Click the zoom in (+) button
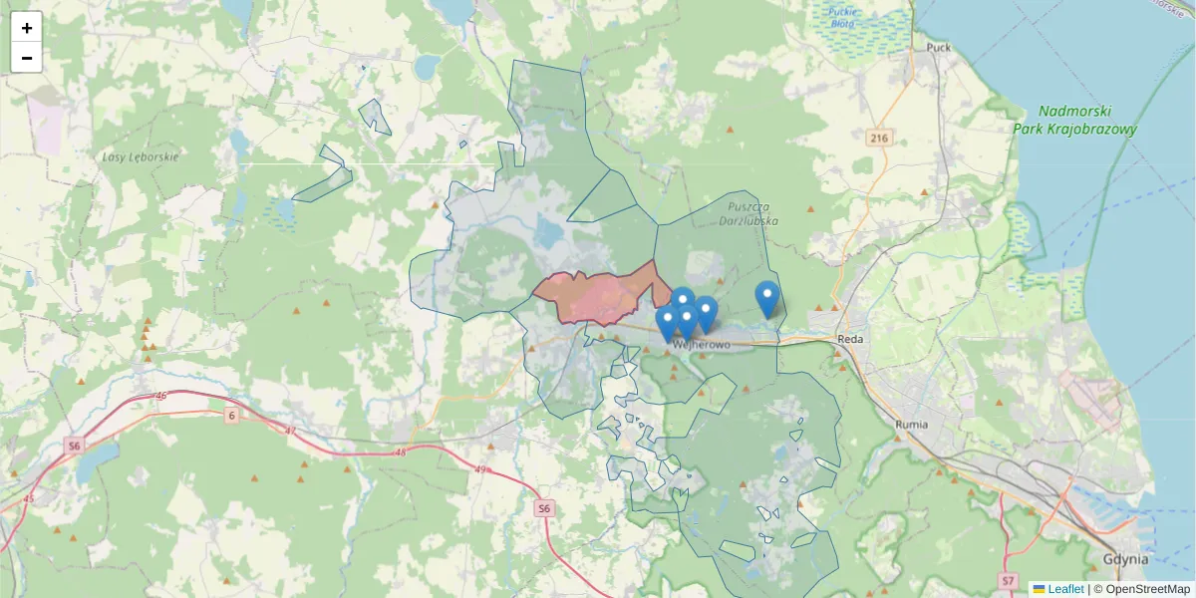pyautogui.click(x=27, y=28)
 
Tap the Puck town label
pyautogui.click(x=938, y=47)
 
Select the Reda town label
pyautogui.click(x=849, y=339)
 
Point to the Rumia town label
pyautogui.click(x=911, y=424)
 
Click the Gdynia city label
pyautogui.click(x=1126, y=559)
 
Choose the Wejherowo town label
pyautogui.click(x=702, y=345)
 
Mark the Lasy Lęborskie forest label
pyautogui.click(x=140, y=157)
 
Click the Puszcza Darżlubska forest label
pyautogui.click(x=748, y=214)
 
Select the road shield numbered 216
pyautogui.click(x=877, y=138)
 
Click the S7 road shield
pyautogui.click(x=1009, y=580)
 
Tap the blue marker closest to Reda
pyautogui.click(x=766, y=298)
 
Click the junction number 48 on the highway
pyautogui.click(x=401, y=452)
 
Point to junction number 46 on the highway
pyautogui.click(x=161, y=397)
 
